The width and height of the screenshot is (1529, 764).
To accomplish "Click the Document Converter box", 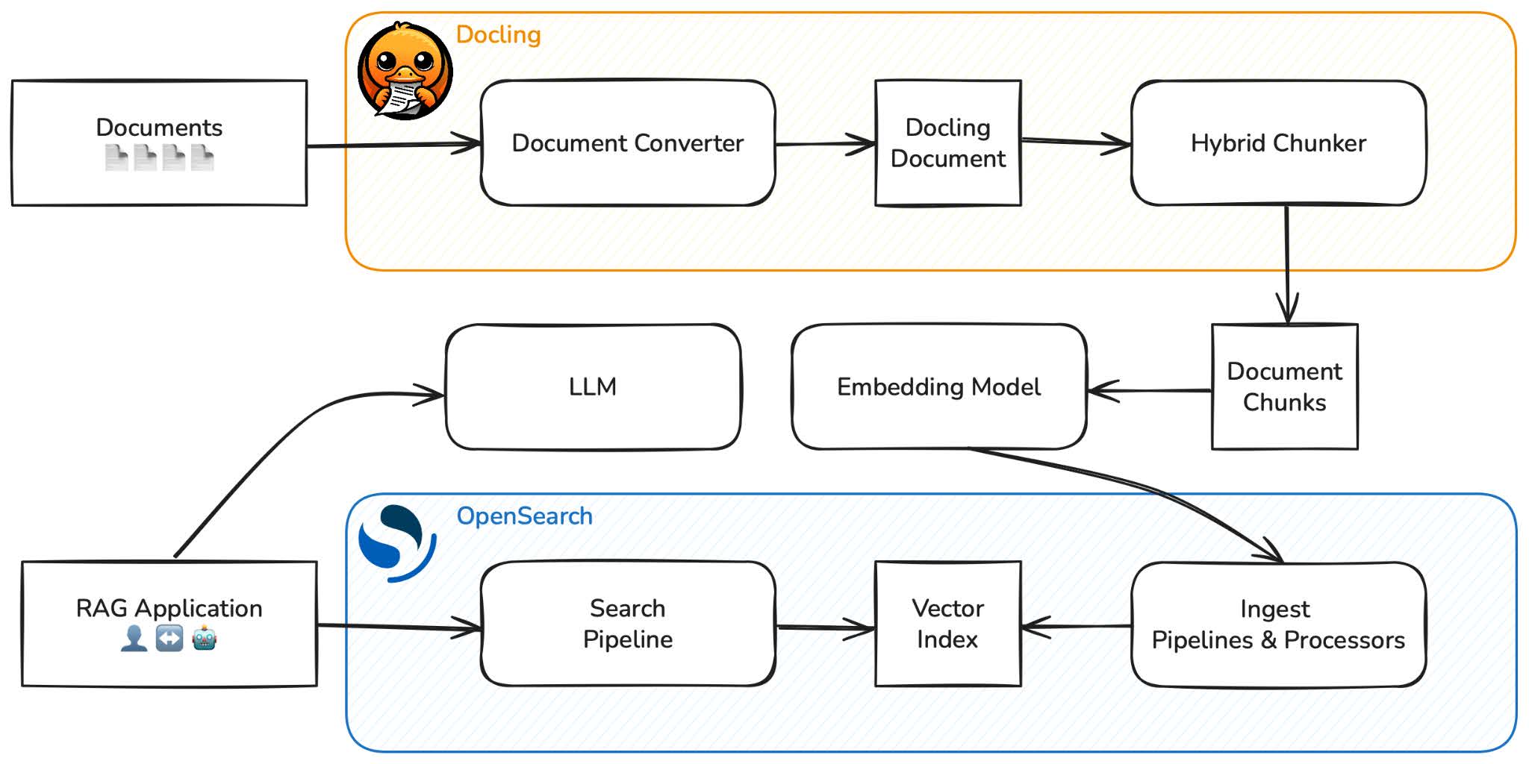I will (628, 143).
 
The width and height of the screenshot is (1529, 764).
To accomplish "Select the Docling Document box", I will (947, 143).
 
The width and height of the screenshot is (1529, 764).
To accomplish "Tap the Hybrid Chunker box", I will (1278, 143).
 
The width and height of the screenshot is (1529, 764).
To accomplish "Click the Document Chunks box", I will (1284, 386).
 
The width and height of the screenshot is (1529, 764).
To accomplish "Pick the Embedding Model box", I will (938, 386).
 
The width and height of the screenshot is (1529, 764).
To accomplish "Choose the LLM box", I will (593, 386).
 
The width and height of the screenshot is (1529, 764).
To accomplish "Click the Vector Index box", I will (947, 624).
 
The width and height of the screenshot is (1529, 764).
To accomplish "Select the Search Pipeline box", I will (628, 624).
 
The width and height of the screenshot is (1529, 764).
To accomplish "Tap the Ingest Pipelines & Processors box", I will (1278, 624).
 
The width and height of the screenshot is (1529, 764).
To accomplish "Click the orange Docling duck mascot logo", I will (405, 71).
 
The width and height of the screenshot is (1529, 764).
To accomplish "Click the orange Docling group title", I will (498, 34).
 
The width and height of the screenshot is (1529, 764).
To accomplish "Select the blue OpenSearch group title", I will (524, 516).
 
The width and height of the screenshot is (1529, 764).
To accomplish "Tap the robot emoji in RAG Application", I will (204, 639).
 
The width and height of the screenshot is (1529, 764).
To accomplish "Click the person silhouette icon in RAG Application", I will (134, 639).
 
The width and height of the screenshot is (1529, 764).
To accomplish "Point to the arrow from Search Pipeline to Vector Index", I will (825, 627).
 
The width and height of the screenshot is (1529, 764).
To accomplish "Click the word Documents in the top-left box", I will (159, 128).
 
